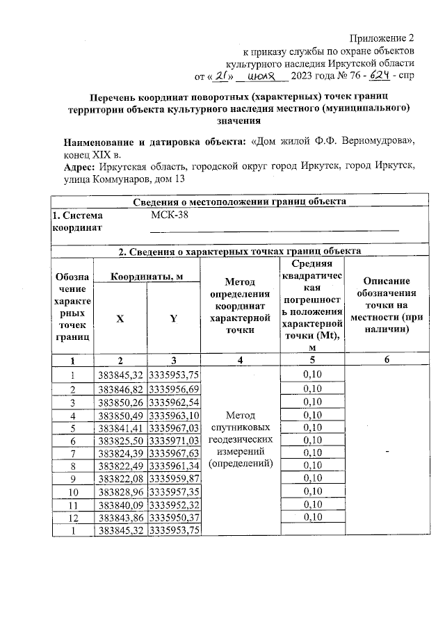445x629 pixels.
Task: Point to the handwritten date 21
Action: pos(224,74)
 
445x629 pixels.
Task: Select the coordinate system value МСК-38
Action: pos(170,215)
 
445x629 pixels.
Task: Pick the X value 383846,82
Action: pos(120,389)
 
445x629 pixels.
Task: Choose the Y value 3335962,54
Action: pos(173,402)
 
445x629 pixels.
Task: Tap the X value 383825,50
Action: pos(120,441)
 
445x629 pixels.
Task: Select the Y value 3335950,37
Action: pos(173,517)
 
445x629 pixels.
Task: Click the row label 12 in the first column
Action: pos(72,517)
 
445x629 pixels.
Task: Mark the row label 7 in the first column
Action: pos(72,453)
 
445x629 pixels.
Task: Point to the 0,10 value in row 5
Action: pos(312,427)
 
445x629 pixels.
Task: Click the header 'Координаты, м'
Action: pos(147,277)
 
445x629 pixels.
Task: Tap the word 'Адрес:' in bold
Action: pos(81,167)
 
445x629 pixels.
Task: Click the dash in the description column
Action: pos(385,451)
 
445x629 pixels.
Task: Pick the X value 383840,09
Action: pos(120,505)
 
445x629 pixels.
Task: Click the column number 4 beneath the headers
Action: pos(240,360)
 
